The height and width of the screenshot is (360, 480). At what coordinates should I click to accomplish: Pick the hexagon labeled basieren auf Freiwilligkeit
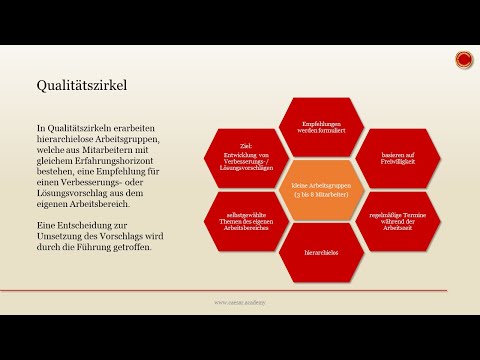pyautogui.click(x=378, y=157)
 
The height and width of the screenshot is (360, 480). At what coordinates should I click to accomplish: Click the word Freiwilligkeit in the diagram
pyautogui.click(x=378, y=161)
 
